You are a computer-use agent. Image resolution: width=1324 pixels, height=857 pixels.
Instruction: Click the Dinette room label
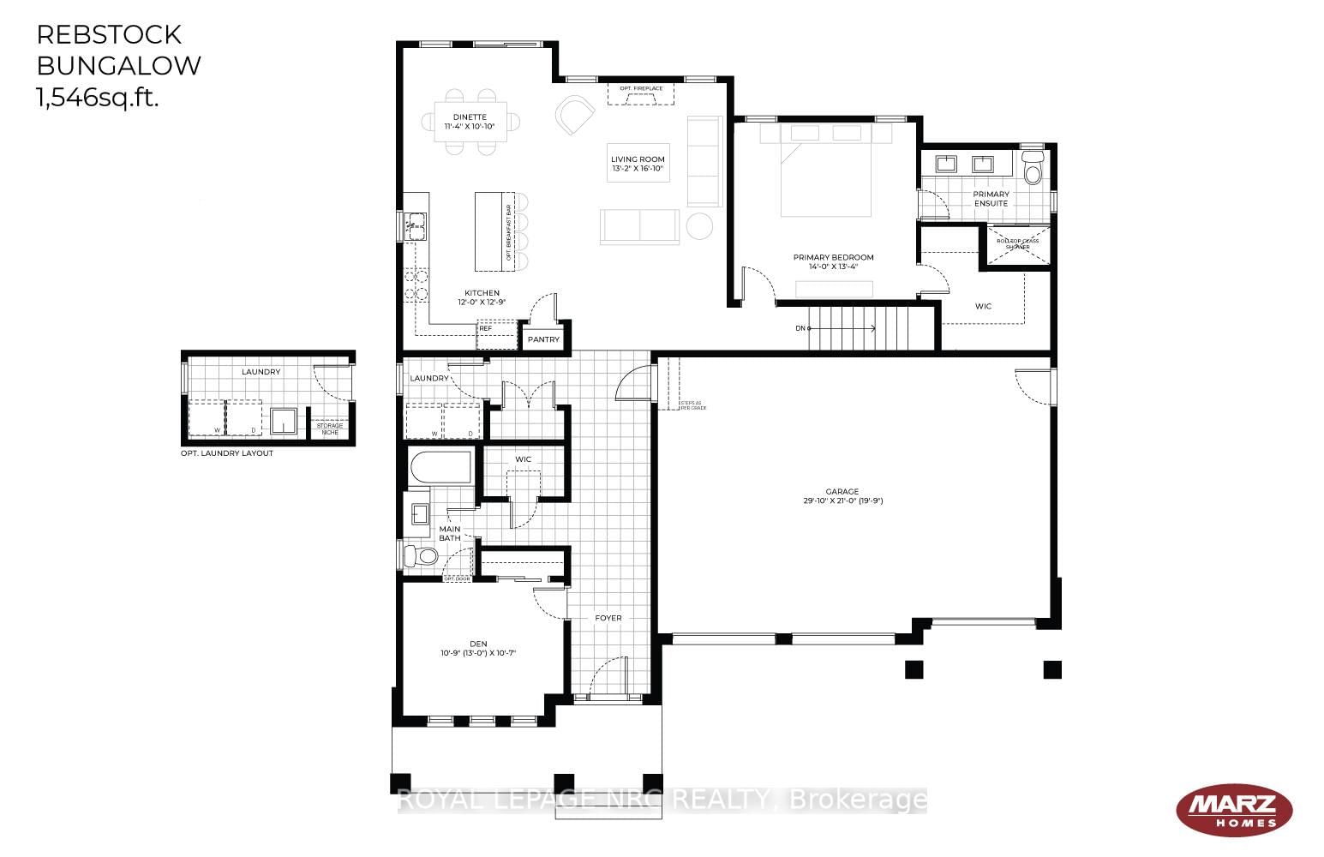click(470, 117)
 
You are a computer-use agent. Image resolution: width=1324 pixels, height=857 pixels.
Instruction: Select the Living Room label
click(638, 159)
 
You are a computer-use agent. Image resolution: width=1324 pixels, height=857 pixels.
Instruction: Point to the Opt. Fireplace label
click(641, 88)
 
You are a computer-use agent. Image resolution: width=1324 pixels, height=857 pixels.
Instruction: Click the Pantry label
click(543, 340)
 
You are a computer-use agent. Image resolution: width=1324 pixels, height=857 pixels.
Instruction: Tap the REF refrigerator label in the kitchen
click(486, 328)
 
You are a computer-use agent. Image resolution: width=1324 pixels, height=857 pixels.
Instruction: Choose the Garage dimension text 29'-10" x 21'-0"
click(837, 500)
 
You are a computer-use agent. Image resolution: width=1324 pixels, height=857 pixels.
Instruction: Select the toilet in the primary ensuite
click(1033, 168)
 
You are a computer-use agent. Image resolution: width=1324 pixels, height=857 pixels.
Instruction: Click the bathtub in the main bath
click(440, 468)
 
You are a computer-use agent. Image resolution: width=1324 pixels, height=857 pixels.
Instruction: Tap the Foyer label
click(608, 618)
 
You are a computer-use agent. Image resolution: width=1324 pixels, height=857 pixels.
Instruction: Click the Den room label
click(477, 644)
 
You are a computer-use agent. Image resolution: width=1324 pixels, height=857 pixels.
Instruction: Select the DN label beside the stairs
click(800, 328)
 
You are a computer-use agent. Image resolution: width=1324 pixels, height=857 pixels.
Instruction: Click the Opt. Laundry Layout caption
click(227, 453)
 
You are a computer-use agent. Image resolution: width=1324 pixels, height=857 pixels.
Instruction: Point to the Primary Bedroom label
click(833, 257)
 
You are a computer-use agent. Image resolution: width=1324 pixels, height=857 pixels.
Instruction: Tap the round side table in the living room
click(699, 225)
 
